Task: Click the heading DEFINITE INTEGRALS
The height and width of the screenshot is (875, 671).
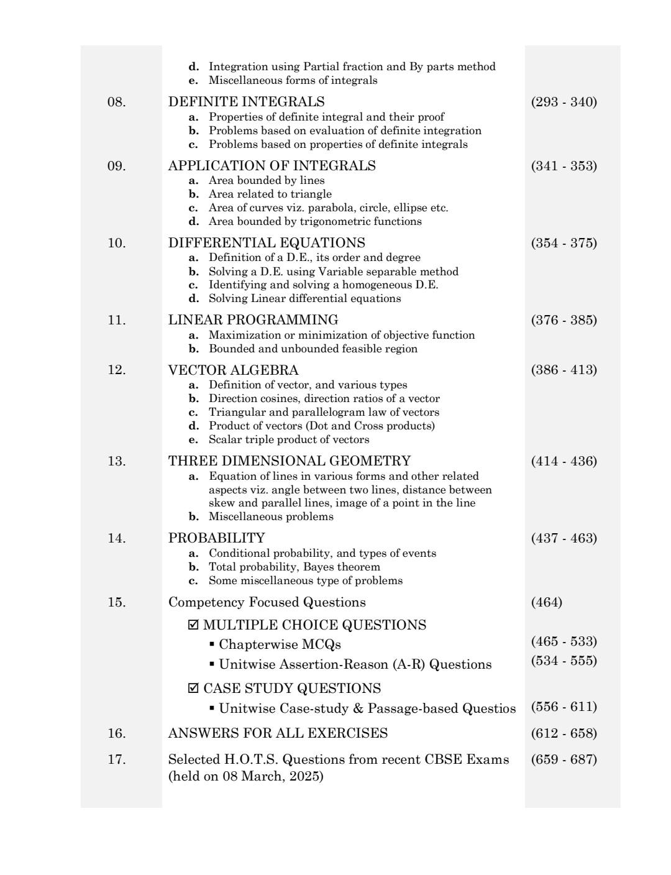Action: click(x=246, y=102)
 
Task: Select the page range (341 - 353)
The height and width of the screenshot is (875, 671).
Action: click(x=564, y=166)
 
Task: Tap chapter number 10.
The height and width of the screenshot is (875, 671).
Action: click(x=116, y=243)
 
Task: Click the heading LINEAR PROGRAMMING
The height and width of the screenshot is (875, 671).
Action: click(x=253, y=320)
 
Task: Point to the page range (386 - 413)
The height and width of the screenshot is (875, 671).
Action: click(x=564, y=370)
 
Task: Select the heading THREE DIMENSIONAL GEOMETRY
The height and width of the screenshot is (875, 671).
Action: click(x=289, y=461)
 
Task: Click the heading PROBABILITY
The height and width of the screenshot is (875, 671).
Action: click(x=216, y=538)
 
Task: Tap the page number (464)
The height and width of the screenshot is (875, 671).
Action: click(x=547, y=602)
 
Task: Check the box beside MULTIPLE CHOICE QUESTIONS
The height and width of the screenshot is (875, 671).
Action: click(x=193, y=625)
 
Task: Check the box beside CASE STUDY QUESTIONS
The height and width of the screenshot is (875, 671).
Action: click(x=193, y=689)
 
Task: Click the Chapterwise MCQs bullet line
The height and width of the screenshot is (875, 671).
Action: click(x=279, y=644)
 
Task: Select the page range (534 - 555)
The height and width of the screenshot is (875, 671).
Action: click(x=564, y=661)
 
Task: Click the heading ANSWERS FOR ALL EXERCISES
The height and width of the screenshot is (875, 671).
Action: click(x=278, y=733)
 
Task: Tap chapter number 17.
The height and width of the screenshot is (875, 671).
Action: click(x=116, y=759)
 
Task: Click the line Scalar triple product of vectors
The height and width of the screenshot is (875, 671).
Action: click(x=288, y=440)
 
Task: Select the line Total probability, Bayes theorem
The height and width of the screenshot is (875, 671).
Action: click(x=294, y=567)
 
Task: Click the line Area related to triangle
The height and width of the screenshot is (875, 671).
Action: click(x=270, y=194)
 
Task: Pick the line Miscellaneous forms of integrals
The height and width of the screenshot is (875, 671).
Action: click(x=293, y=80)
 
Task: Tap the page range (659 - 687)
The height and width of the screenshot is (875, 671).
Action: click(x=564, y=759)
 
